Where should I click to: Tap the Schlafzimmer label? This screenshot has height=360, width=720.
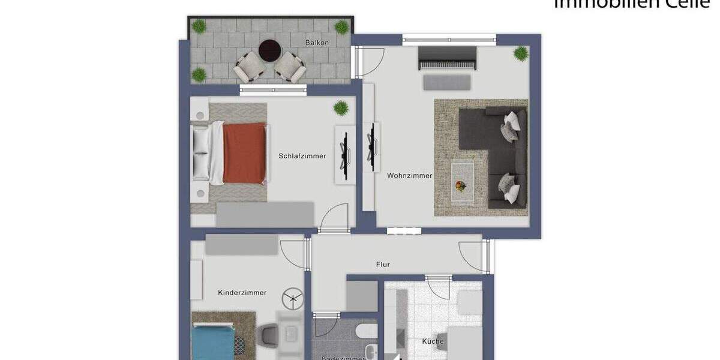coord(302,156)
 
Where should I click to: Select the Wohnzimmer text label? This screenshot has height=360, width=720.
coord(410,176)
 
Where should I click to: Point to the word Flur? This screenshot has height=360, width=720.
coord(383,264)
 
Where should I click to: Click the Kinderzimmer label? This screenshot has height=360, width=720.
coord(242,293)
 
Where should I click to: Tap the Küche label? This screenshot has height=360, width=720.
coord(433,341)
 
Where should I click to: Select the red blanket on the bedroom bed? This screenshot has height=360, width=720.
coord(244,152)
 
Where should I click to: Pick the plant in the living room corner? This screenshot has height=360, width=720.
coord(520,53)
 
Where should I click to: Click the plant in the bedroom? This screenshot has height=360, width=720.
coord(341,108)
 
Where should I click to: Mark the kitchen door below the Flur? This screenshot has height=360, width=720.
coord(438,287)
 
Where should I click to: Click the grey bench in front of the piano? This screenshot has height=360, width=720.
coord(446,82)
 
